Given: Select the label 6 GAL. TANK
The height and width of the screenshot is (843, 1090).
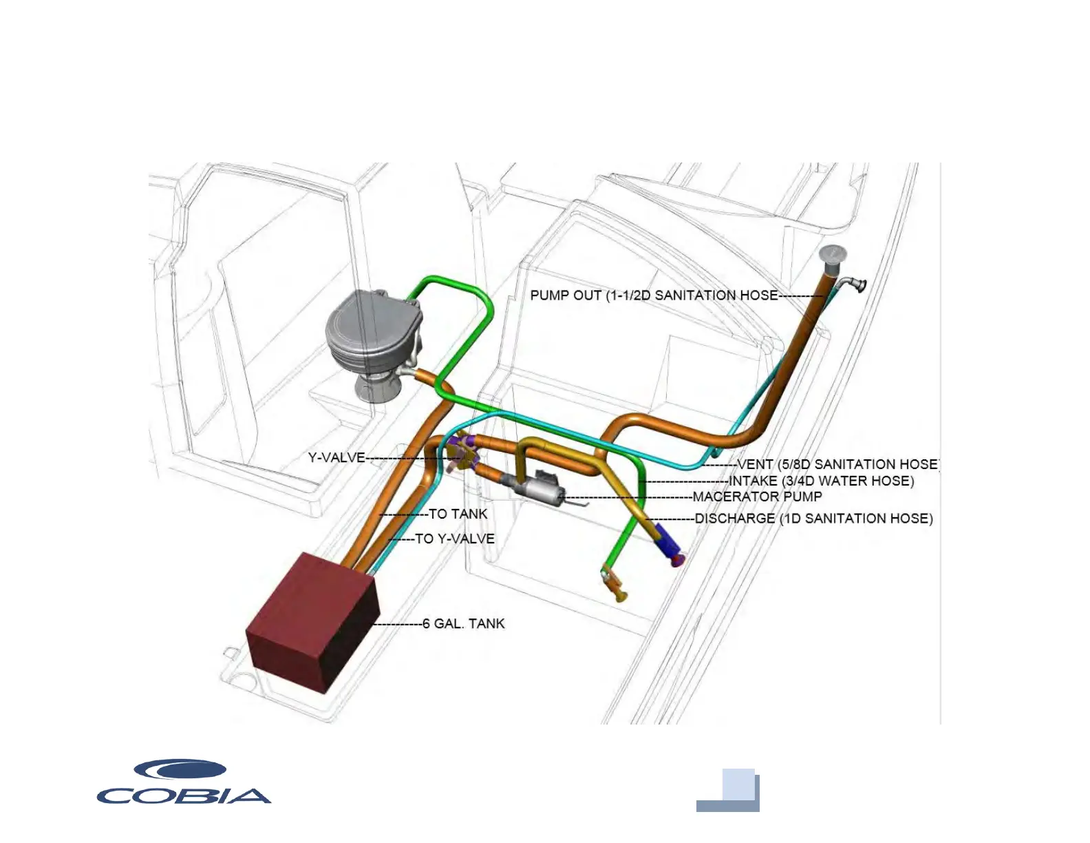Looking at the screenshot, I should pos(464,624).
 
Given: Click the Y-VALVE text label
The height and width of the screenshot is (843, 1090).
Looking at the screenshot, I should pos(336,457).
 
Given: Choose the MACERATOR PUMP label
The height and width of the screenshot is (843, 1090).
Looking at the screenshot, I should pos(757,497).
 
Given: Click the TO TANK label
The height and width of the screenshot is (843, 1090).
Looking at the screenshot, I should pos(458,514).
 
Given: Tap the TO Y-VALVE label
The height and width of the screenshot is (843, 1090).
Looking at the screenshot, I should pos(455,539).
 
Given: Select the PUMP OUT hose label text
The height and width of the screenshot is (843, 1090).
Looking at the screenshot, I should pos(654,295).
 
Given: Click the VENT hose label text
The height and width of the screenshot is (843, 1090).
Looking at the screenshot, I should pos(837,464).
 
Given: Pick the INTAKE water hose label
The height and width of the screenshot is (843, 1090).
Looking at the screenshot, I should pos(821,481).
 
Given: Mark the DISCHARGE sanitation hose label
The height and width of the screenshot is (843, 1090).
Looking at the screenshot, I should pos(813,519).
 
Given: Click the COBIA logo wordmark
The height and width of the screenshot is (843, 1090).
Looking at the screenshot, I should pos(184,796).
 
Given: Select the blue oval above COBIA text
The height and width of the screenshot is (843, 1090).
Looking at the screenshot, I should pos(180,770).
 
